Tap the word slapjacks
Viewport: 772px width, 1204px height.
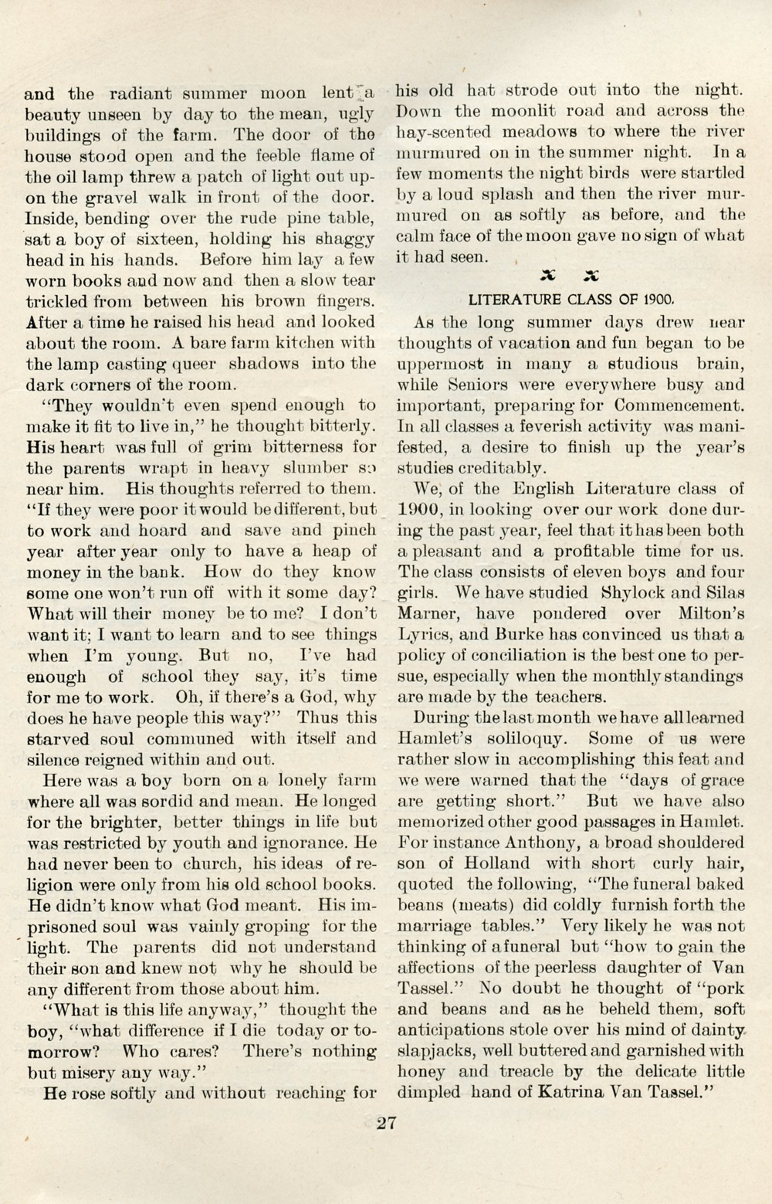(x=432, y=1051)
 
